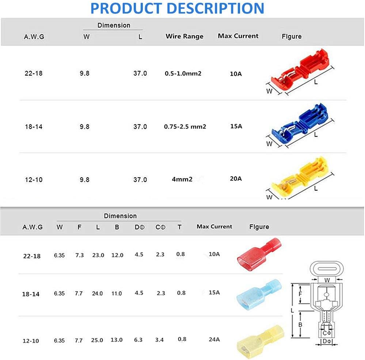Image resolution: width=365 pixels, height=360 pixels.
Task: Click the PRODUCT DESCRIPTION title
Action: coord(177,8)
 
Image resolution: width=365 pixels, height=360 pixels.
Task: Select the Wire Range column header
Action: coord(185,36)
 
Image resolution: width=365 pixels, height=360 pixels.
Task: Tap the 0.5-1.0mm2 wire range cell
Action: coord(183,73)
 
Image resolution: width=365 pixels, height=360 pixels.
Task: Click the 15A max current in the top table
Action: coord(236,126)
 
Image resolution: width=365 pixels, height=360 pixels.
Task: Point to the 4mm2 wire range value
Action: coord(182,179)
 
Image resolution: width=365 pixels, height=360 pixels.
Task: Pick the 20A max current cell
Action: coord(236,179)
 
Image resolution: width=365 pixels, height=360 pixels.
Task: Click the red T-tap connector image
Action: coord(300,69)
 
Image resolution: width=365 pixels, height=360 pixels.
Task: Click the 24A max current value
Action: coord(214,340)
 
